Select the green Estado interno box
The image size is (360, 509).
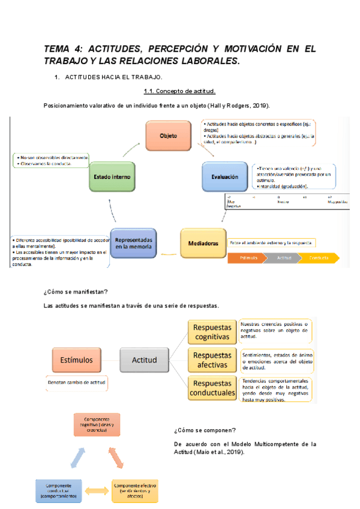[x=112, y=177]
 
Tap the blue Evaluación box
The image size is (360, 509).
[x=224, y=177]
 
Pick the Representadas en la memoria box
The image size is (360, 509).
[x=134, y=242]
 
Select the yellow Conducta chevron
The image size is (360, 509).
[x=319, y=258]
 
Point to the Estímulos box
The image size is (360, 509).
[x=79, y=360]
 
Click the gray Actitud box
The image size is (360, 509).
[x=145, y=360]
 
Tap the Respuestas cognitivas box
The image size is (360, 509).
[x=211, y=332]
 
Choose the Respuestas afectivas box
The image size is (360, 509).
[x=211, y=360]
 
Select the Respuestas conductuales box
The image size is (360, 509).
[x=211, y=388]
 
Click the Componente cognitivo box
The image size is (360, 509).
[x=97, y=424]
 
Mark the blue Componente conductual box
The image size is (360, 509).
[x=57, y=490]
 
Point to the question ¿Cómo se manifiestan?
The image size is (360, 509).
[x=76, y=292]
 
